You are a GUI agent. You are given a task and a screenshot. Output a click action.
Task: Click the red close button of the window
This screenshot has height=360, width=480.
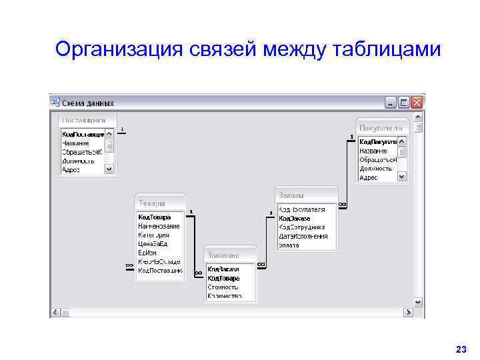click(x=417, y=103)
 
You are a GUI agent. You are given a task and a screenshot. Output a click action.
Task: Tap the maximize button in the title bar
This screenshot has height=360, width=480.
click(x=404, y=103)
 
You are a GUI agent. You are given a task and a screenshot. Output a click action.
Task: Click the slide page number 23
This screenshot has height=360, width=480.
click(x=460, y=349)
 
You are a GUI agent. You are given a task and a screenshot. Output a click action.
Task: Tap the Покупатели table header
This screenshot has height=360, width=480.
click(x=380, y=127)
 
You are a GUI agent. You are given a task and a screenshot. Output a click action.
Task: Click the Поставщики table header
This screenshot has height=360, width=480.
click(x=84, y=121)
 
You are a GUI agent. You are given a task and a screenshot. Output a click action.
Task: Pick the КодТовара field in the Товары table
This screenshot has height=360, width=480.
click(x=154, y=217)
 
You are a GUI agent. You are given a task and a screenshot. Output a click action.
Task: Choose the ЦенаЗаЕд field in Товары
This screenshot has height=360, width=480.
click(x=154, y=243)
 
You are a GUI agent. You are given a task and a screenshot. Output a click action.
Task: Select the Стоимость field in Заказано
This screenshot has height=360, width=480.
click(x=223, y=287)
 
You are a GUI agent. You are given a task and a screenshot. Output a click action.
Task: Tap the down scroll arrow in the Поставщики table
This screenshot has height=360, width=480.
click(x=109, y=170)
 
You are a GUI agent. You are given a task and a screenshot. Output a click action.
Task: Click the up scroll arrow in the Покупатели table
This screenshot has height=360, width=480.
click(x=401, y=141)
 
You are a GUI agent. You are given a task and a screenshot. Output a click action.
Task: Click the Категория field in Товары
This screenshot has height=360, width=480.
click(x=153, y=235)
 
